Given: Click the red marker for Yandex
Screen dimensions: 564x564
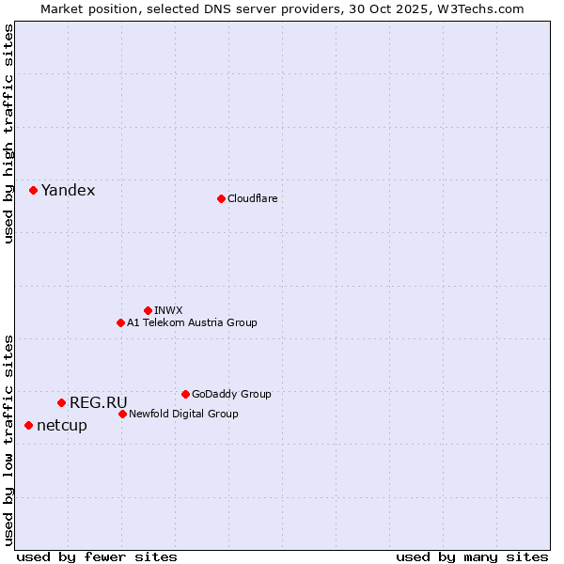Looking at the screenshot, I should click(33, 190).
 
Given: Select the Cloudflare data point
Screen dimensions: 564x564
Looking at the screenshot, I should click(221, 198).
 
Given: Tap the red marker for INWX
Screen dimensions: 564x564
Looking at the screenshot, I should click(148, 310).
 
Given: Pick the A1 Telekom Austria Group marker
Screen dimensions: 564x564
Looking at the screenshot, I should click(120, 322).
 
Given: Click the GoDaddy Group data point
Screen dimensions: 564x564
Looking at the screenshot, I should click(185, 394).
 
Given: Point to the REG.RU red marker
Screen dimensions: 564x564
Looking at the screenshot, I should click(61, 402).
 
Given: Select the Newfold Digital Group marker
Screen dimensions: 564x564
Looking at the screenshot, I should click(122, 414).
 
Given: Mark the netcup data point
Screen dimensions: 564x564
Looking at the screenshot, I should click(28, 425).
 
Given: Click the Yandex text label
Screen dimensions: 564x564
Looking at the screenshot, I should click(68, 191).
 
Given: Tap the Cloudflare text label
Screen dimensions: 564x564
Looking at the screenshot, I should click(252, 198).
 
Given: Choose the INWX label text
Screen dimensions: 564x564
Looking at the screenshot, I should click(168, 310).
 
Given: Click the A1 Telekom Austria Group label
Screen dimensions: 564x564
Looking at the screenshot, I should click(192, 322).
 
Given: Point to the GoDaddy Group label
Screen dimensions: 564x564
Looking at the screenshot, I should click(231, 394).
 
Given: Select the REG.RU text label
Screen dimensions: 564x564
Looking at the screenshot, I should click(98, 403).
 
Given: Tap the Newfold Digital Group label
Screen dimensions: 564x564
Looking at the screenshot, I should click(183, 414).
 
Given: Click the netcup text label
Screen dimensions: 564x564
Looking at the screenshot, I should click(61, 426).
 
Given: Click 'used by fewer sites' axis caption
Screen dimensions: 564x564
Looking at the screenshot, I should click(97, 556).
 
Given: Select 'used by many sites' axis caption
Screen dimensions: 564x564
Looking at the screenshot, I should click(472, 556).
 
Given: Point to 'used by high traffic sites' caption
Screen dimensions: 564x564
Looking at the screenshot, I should click(8, 133).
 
